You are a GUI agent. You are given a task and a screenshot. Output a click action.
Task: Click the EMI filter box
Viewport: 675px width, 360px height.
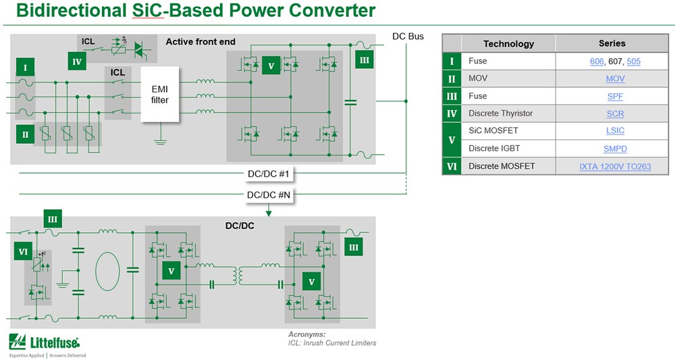click(x=160, y=94)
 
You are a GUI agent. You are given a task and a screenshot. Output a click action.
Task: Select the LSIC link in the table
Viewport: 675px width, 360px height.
click(x=615, y=131)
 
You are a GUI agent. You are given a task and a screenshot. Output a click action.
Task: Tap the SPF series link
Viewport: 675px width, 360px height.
click(x=615, y=96)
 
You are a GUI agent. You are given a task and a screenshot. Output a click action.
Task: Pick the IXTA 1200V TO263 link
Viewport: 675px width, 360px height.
click(x=615, y=166)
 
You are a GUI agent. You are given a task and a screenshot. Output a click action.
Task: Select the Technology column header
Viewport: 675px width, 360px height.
click(x=508, y=43)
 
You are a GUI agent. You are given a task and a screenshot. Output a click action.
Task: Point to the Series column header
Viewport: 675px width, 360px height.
click(x=612, y=43)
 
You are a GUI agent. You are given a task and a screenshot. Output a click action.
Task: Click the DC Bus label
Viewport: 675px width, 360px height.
click(x=408, y=36)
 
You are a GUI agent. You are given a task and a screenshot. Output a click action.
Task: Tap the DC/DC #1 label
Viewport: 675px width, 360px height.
click(x=268, y=174)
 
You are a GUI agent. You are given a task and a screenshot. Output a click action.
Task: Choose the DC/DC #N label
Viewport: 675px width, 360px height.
click(x=268, y=195)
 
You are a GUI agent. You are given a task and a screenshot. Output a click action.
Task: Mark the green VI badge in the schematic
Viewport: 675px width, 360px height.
click(x=24, y=252)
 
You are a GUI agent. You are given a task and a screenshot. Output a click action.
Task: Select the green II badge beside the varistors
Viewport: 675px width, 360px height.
click(x=25, y=134)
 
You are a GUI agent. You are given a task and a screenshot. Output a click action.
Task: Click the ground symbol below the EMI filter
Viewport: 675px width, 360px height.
click(x=160, y=141)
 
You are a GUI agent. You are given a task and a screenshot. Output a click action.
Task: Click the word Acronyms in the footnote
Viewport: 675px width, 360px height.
click(x=306, y=334)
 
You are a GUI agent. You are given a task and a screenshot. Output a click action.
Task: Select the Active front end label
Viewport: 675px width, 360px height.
click(x=200, y=42)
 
